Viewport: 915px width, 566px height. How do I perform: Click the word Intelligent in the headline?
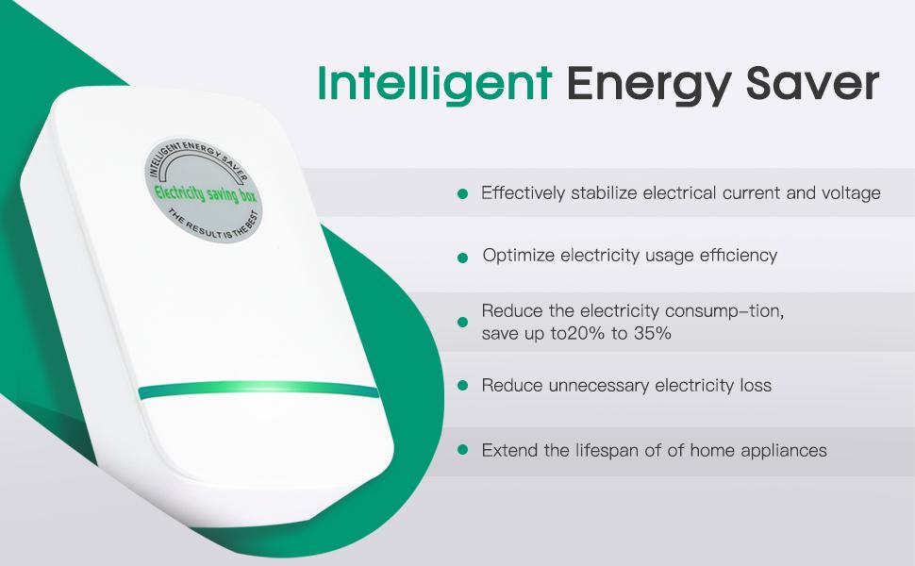434,83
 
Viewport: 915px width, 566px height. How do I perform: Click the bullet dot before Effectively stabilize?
462,193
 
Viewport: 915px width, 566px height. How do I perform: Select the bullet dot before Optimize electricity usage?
462,257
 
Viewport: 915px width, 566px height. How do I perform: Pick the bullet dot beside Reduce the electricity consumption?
462,322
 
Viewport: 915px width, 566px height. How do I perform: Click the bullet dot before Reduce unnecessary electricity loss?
462,386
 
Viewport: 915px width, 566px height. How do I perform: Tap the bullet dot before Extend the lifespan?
462,450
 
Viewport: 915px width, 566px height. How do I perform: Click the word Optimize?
518,256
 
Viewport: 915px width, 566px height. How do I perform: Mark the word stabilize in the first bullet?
604,193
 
